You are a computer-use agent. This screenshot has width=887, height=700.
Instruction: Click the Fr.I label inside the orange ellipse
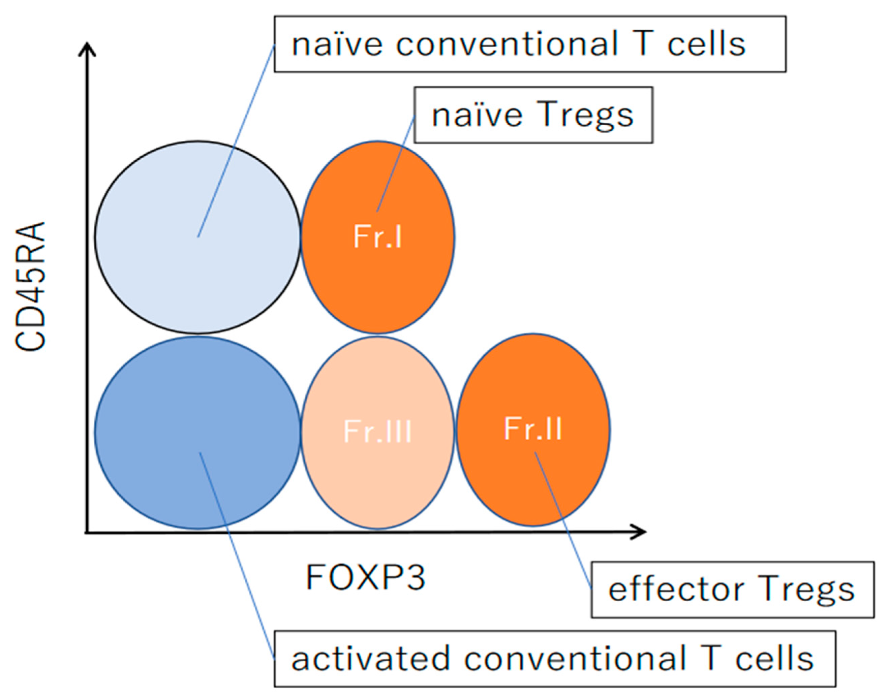point(377,237)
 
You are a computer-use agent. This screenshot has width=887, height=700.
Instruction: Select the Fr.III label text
point(377,431)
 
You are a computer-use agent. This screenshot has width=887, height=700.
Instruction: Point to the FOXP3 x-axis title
point(365,578)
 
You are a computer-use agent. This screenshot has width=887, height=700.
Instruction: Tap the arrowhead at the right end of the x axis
point(640,532)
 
